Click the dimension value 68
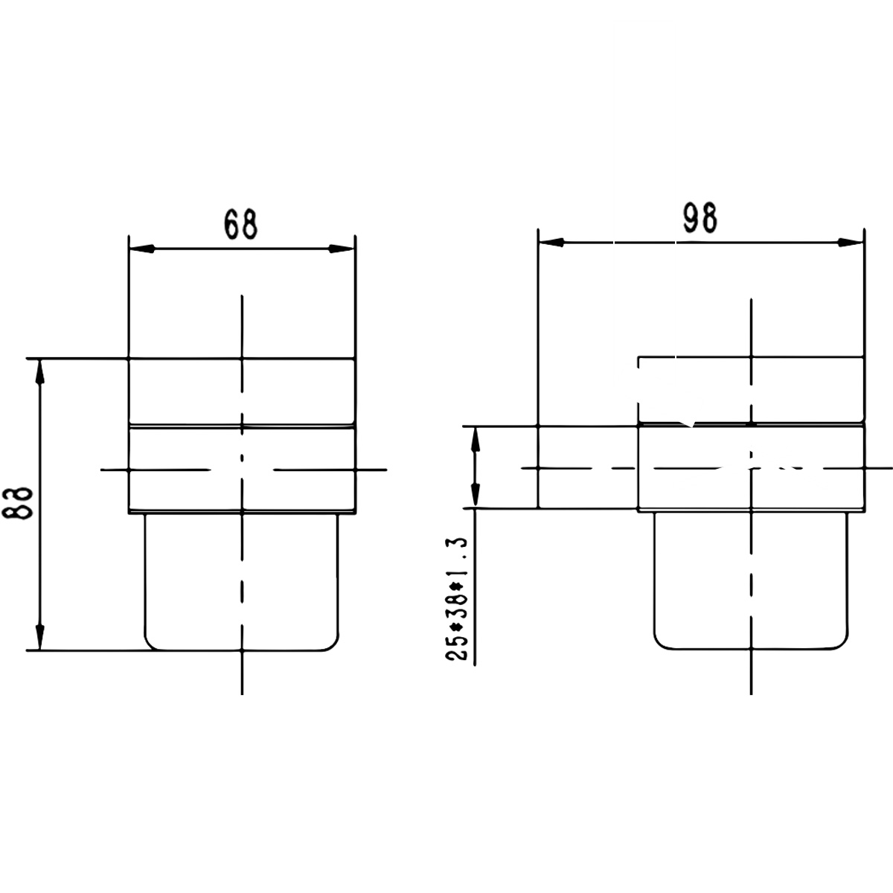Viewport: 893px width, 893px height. [240, 225]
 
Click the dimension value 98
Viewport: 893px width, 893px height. [700, 218]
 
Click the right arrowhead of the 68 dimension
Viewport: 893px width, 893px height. [342, 249]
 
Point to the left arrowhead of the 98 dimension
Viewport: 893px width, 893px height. [551, 243]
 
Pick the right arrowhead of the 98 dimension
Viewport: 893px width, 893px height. [851, 243]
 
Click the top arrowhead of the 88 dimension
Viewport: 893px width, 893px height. [40, 371]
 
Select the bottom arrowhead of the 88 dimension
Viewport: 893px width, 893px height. [40, 637]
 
